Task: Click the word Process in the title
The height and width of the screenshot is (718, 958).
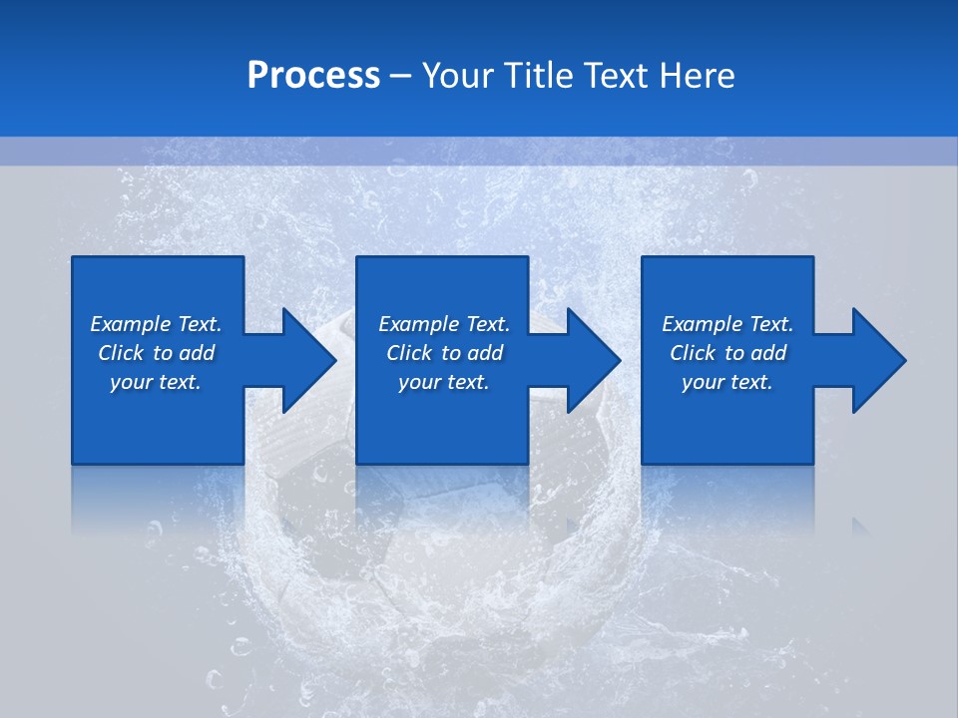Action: (x=313, y=76)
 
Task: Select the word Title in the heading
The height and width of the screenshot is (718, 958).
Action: (x=537, y=76)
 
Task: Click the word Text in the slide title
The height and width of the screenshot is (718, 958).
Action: (x=616, y=76)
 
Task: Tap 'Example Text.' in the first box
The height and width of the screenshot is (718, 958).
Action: (x=156, y=324)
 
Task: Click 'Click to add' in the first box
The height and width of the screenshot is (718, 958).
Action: (x=156, y=353)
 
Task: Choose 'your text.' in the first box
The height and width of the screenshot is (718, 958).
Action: (x=156, y=382)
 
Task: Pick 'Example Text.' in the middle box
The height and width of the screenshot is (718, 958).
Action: (x=443, y=324)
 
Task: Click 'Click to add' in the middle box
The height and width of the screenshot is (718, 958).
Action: (x=443, y=353)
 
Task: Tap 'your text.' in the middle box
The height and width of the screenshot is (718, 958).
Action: (x=443, y=382)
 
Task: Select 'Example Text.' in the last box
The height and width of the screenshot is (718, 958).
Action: (x=727, y=324)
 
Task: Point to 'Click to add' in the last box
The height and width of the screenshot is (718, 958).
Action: (x=727, y=353)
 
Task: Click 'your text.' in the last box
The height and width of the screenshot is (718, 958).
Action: (x=727, y=382)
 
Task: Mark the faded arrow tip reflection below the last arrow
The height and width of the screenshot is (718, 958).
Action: (x=860, y=525)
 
